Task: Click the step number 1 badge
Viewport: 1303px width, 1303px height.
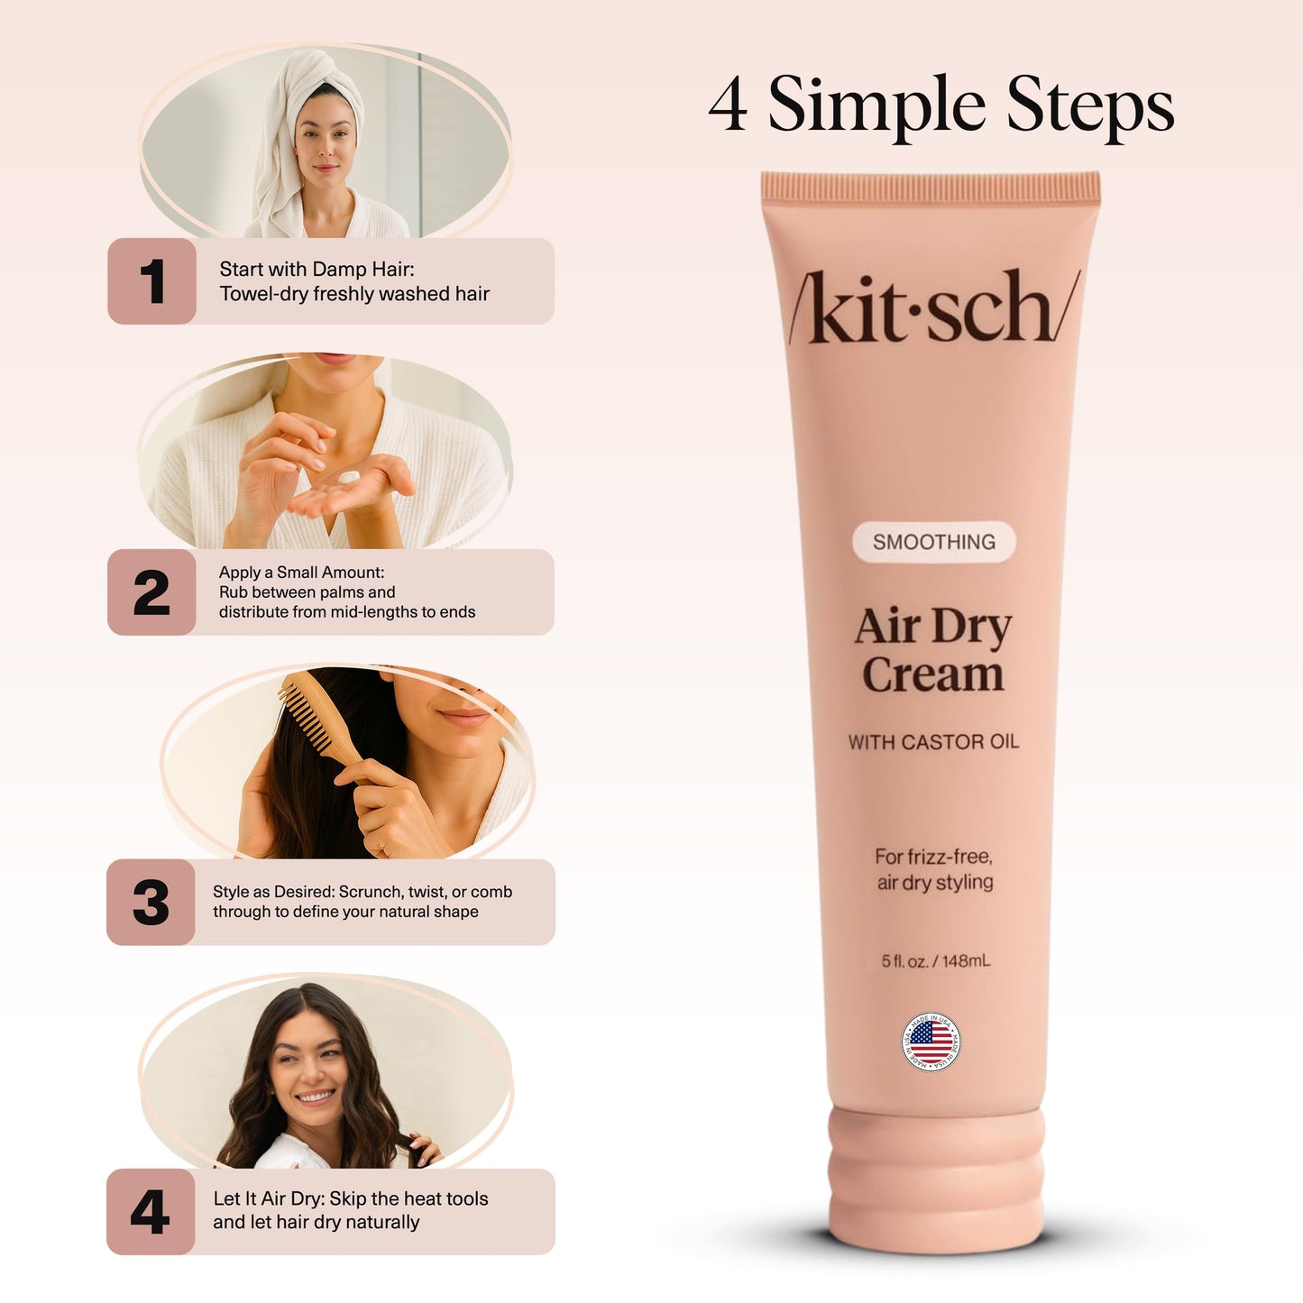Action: click(x=151, y=281)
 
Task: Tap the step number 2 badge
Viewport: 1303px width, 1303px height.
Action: click(x=151, y=592)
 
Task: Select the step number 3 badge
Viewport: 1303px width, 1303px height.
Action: click(x=151, y=903)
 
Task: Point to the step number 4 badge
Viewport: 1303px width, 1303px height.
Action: click(x=151, y=1212)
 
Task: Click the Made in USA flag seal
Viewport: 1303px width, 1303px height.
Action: click(x=931, y=1042)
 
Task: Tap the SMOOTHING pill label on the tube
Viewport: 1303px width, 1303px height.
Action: click(x=934, y=542)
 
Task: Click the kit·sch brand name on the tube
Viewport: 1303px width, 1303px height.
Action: click(x=934, y=308)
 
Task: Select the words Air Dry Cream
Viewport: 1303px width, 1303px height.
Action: click(x=933, y=650)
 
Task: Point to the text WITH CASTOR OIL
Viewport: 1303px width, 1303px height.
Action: click(x=933, y=742)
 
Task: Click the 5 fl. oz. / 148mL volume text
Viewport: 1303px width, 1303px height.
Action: click(x=935, y=961)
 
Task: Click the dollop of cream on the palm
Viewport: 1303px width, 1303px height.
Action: click(x=347, y=477)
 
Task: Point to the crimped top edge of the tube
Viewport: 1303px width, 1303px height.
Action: click(x=931, y=187)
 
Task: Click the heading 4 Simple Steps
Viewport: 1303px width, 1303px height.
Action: click(x=941, y=106)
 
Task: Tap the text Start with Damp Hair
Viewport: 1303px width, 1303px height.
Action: click(x=317, y=269)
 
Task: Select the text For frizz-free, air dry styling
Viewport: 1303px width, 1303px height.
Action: click(x=934, y=869)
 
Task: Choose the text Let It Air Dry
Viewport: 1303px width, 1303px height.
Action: click(x=269, y=1198)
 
